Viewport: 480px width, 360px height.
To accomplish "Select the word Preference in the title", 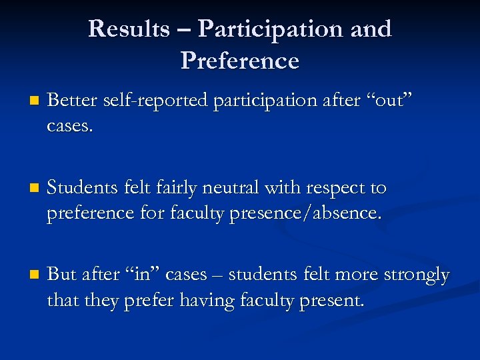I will click(239, 61).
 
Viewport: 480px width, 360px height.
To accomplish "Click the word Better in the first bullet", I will click(72, 101).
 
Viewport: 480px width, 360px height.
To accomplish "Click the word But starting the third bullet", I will click(63, 274).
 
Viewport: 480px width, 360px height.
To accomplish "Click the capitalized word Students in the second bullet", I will click(83, 188).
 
